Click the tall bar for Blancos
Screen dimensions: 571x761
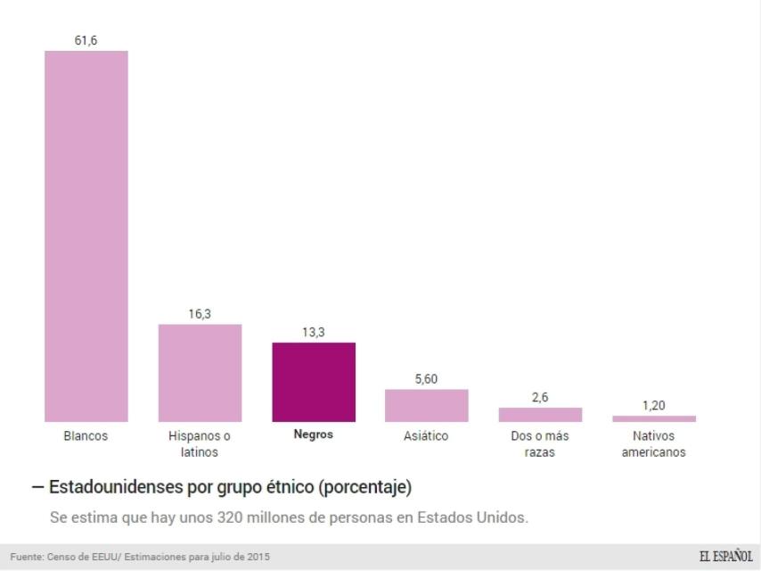86,236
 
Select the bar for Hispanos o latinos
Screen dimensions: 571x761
200,373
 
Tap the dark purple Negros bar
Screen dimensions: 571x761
314,382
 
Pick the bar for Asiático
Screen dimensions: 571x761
426,405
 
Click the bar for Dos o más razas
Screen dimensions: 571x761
540,415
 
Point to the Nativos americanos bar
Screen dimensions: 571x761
653,418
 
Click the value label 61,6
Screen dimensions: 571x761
86,39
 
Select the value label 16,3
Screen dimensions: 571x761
200,313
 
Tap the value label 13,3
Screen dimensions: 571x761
314,332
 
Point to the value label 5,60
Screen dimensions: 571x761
426,379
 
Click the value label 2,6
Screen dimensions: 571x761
540,397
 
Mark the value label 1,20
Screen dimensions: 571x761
653,406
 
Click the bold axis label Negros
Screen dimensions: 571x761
314,435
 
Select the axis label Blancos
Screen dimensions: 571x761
86,436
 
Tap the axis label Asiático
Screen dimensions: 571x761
426,436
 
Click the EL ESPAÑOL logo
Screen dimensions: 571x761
725,557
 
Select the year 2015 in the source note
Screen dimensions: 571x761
258,558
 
